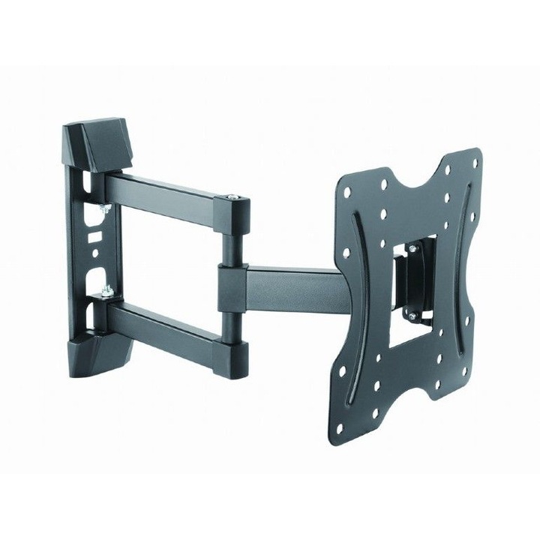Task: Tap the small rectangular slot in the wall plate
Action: [x=94, y=236]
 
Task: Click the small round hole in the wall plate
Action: [x=95, y=254]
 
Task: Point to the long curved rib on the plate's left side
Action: [x=359, y=300]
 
